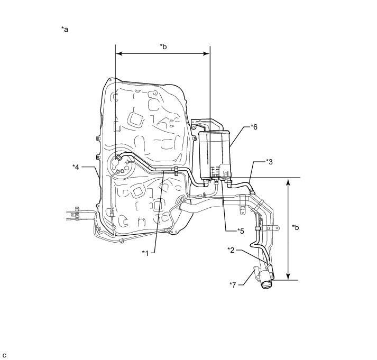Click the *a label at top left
click(65, 30)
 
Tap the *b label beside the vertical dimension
click(296, 228)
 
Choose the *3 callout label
click(269, 161)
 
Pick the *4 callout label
click(76, 167)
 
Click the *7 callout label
click(233, 285)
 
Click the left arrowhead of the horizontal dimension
click(118, 53)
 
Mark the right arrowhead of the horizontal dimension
click(208, 53)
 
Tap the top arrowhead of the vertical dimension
click(288, 181)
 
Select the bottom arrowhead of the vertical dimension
click(288, 277)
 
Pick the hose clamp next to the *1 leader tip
click(174, 170)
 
